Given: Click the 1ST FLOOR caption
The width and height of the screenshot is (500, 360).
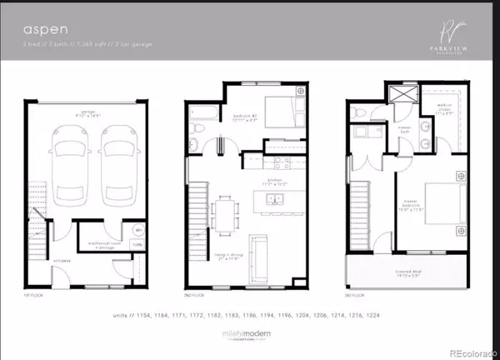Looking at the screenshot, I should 32,295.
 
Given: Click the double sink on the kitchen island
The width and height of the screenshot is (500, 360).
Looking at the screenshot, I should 274,198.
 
